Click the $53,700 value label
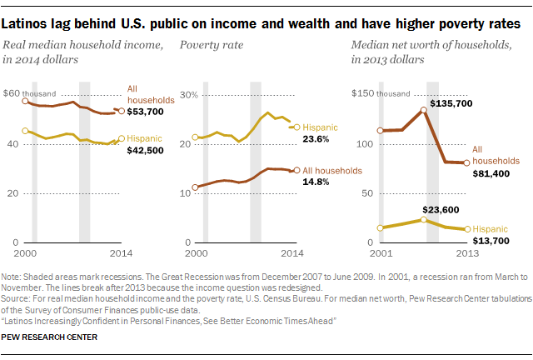coord(146,111)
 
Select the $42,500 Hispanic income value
coord(146,151)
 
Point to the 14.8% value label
coord(320,181)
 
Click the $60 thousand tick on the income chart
coord(32,94)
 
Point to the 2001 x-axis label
coord(379,252)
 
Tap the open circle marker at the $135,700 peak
coord(424,109)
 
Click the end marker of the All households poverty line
coord(297,170)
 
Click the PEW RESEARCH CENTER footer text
coord(50,337)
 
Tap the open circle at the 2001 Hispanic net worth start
coord(381,227)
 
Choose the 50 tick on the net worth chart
coord(366,193)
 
